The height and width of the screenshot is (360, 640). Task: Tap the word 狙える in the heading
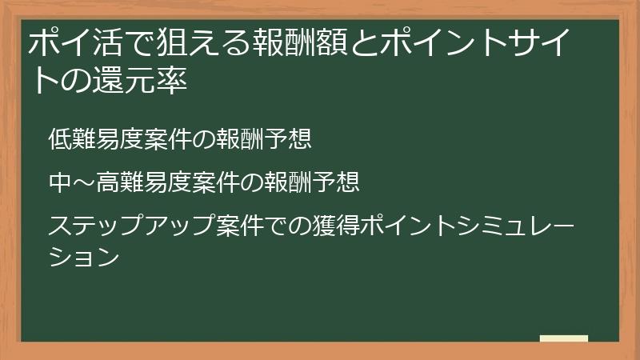pyautogui.click(x=193, y=42)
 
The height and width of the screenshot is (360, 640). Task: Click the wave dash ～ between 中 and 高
pyautogui.click(x=84, y=184)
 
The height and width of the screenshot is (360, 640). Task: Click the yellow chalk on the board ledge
pyautogui.click(x=563, y=338)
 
